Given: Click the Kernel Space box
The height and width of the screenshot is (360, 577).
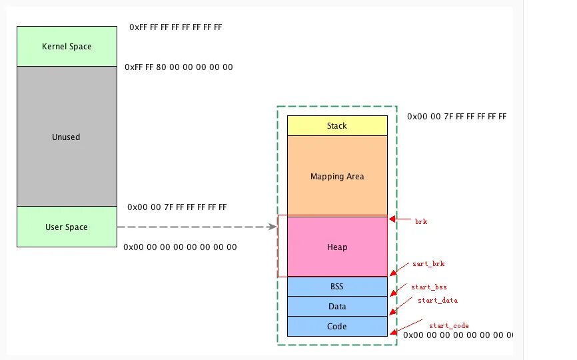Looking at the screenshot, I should click(67, 47).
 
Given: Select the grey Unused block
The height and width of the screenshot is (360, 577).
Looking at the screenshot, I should click(67, 137).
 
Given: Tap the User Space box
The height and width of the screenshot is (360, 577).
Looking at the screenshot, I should click(67, 227).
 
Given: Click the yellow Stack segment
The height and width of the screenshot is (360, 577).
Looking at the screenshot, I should click(337, 126).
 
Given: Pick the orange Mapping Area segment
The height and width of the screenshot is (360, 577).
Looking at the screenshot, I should click(337, 177).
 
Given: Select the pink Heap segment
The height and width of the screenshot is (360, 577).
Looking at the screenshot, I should click(337, 247).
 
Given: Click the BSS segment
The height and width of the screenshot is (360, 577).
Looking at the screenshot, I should click(337, 287).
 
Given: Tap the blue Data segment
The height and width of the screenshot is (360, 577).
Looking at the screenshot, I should click(337, 307).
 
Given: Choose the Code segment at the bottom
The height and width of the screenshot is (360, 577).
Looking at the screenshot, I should click(337, 327).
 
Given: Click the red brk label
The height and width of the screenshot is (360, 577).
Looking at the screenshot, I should click(421, 221).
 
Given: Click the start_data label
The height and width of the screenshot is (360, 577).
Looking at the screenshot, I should click(438, 301).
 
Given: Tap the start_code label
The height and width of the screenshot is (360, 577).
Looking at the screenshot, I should click(448, 325).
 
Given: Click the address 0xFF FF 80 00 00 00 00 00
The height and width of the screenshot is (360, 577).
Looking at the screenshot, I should click(179, 68).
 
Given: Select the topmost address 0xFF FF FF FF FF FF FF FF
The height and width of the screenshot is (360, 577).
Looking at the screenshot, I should click(175, 28).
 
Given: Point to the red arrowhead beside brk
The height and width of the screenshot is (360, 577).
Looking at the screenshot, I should click(392, 218).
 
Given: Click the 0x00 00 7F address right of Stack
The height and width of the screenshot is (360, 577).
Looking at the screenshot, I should click(456, 117).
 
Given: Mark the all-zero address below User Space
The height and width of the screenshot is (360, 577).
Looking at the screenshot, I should click(180, 247).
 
